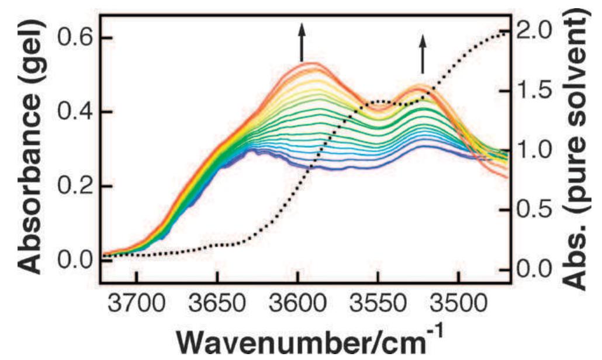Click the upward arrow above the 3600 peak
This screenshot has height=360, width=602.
coord(302,42)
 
